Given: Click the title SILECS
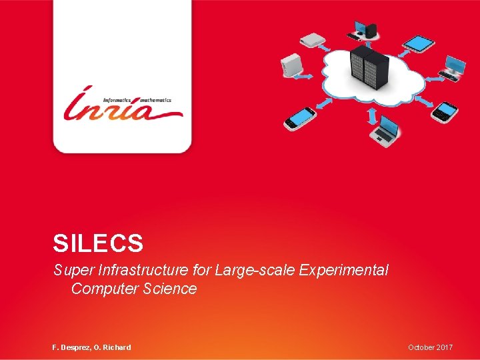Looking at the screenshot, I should (x=98, y=243).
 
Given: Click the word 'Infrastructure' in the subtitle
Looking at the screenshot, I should (x=140, y=271).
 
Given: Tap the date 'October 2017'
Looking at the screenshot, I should (x=431, y=347).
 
